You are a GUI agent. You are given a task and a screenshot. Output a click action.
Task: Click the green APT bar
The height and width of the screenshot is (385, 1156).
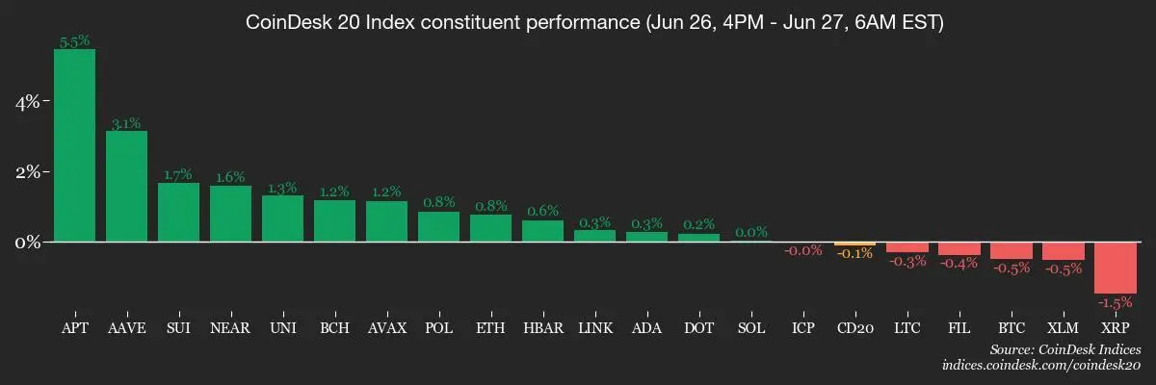(x=74, y=144)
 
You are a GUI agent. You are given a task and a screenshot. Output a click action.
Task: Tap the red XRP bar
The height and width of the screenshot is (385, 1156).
(x=1115, y=267)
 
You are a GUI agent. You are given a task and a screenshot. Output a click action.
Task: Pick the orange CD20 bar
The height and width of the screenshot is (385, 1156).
(x=854, y=244)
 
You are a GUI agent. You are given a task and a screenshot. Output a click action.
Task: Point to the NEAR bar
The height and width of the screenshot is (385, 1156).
(x=230, y=213)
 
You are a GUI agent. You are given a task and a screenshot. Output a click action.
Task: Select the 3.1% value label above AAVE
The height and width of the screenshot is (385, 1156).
(x=126, y=123)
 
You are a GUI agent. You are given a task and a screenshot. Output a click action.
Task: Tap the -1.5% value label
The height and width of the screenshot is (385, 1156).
(x=1115, y=302)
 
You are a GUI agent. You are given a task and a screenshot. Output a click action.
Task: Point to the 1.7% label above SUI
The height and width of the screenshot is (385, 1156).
(x=178, y=175)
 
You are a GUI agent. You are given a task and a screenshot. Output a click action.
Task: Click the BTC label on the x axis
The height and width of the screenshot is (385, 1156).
(x=1011, y=328)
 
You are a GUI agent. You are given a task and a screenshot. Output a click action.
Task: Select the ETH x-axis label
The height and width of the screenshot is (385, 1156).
(x=490, y=328)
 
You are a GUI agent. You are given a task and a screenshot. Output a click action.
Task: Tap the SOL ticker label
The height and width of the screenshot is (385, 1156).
(x=750, y=328)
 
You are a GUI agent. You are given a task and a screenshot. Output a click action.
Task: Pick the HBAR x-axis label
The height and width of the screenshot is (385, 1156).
(x=542, y=328)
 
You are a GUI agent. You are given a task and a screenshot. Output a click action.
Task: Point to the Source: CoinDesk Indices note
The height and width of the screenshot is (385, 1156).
(x=1064, y=349)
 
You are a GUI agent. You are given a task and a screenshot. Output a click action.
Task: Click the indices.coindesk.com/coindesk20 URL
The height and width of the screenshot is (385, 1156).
(x=1041, y=366)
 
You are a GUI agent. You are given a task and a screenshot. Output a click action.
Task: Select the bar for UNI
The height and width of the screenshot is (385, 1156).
(x=282, y=218)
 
